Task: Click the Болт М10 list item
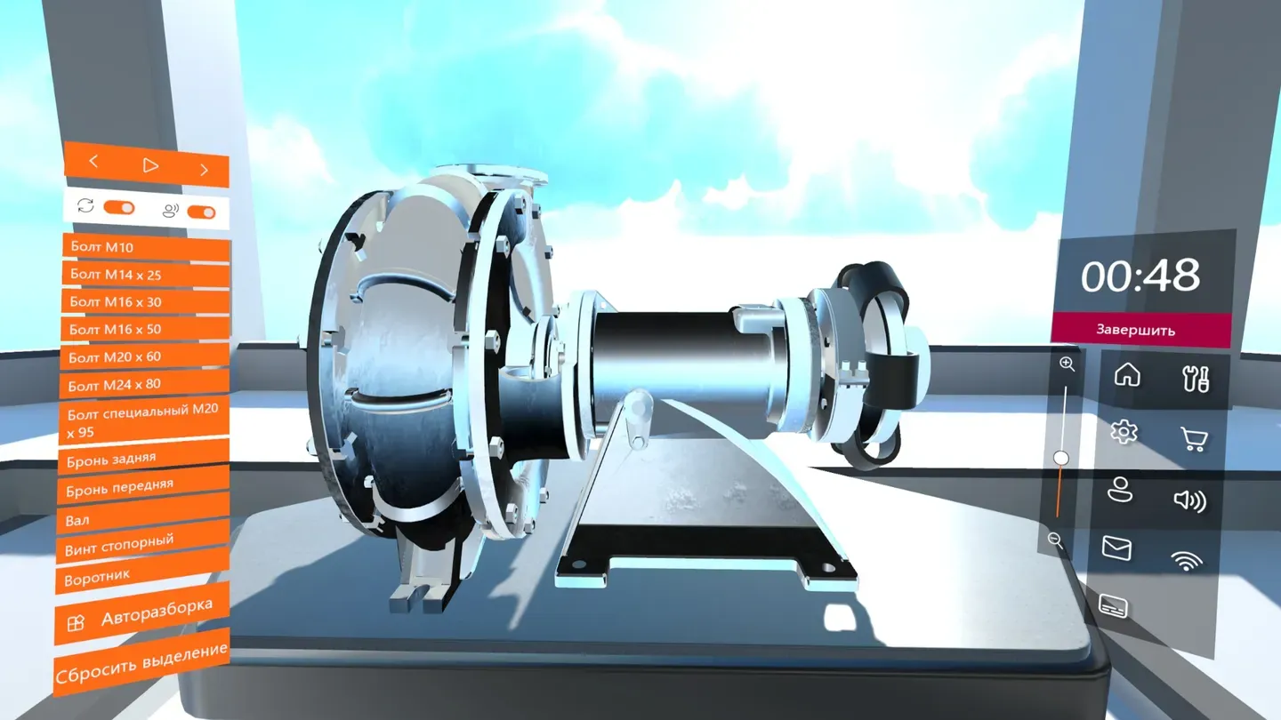click(146, 248)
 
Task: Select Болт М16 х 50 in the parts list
click(145, 329)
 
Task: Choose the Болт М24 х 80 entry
click(144, 384)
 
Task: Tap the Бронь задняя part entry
click(143, 458)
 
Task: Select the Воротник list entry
click(142, 572)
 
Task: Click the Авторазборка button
click(141, 613)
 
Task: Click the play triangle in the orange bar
click(150, 165)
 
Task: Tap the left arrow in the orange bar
click(93, 162)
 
